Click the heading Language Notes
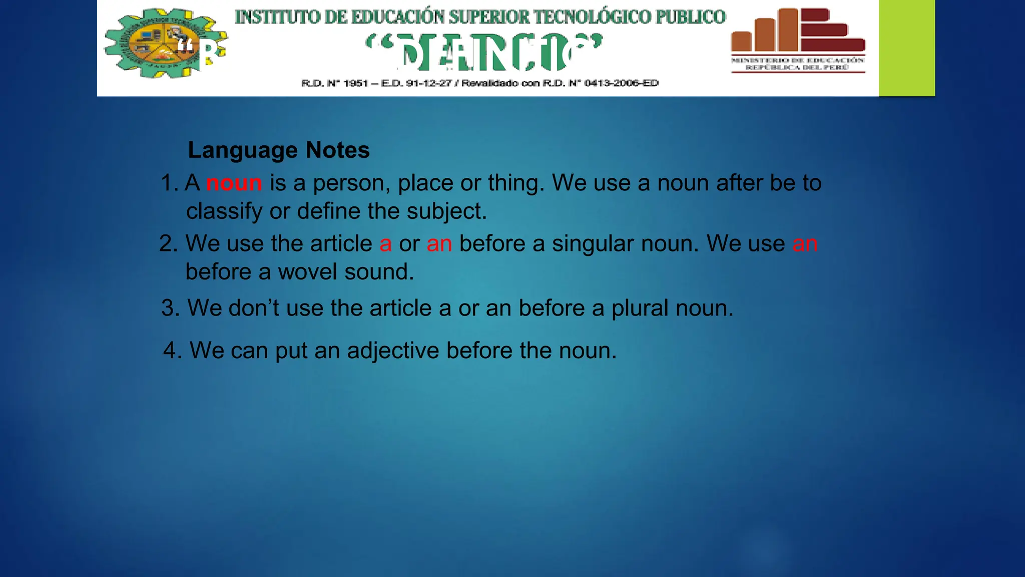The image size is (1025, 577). (x=279, y=150)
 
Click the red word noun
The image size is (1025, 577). (x=234, y=183)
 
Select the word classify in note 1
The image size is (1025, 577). (x=224, y=211)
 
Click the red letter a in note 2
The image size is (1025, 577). (x=385, y=244)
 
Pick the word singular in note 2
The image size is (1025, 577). (x=593, y=244)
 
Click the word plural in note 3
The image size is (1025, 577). (x=640, y=308)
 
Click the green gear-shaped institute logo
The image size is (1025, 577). (x=165, y=44)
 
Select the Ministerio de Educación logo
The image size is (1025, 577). (x=798, y=40)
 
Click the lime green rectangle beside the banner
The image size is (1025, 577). (x=906, y=48)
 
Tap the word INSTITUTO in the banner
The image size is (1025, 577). (x=278, y=17)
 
